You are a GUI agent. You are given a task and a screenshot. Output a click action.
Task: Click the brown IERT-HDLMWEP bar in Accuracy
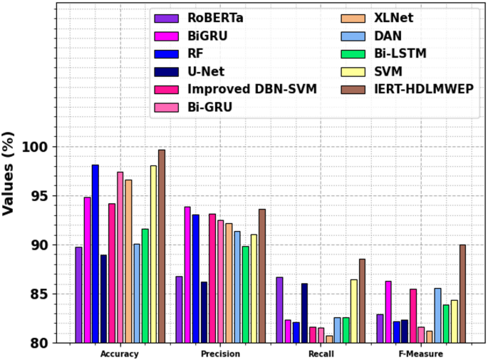click(162, 246)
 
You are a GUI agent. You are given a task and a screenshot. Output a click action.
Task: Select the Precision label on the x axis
click(220, 354)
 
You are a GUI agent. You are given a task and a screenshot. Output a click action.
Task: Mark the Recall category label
click(321, 354)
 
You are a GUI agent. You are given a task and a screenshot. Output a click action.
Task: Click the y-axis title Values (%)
click(9, 173)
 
